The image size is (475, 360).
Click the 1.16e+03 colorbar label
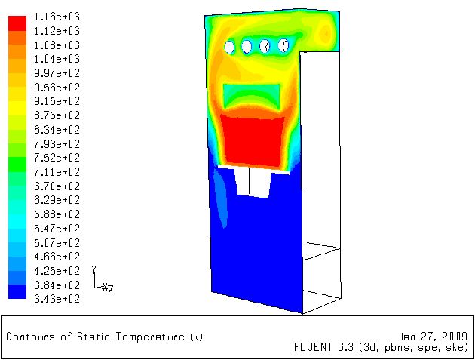(57, 17)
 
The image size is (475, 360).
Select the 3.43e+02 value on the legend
(57, 299)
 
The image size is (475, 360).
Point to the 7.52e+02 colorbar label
(57, 158)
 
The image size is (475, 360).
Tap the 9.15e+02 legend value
(57, 101)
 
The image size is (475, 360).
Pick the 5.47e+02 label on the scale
(57, 229)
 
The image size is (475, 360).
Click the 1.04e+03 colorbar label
(57, 59)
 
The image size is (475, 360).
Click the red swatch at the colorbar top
(17, 23)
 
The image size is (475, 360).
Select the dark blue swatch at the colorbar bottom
(17, 291)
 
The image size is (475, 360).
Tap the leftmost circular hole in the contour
(229, 47)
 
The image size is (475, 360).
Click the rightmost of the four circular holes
(283, 45)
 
